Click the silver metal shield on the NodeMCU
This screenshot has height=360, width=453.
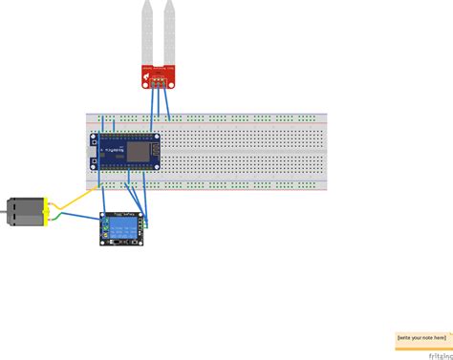[x=140, y=152]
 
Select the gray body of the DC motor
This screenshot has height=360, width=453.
[x=20, y=212]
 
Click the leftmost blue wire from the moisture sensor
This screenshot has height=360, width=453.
[x=153, y=105]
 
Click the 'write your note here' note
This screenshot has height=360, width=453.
[x=421, y=337]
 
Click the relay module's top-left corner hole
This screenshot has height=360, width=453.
[x=104, y=216]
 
